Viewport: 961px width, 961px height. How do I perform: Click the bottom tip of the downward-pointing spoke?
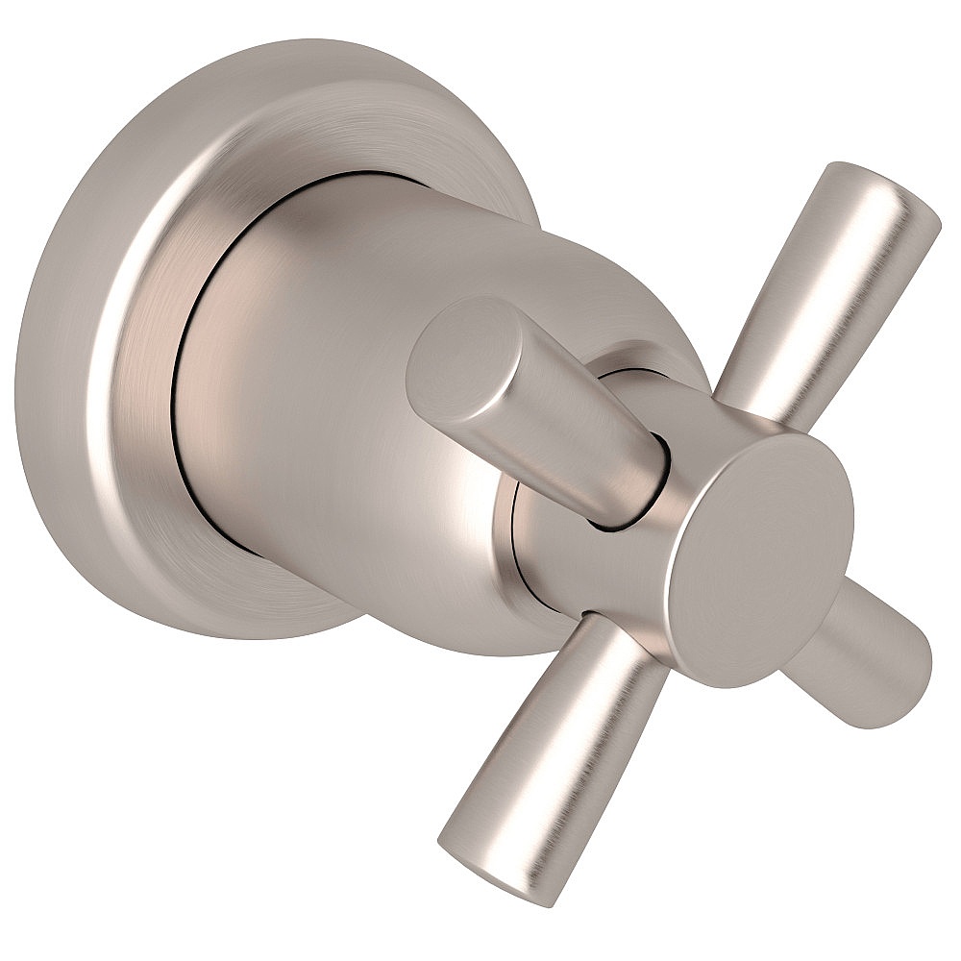coord(476,870)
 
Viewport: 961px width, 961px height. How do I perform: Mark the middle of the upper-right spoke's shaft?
coord(826,288)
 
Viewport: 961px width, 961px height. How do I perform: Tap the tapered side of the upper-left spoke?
coord(567,432)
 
